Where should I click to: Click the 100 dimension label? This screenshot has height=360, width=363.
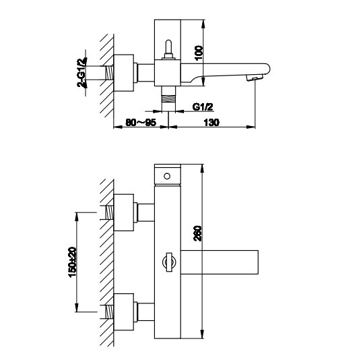tap(199, 53)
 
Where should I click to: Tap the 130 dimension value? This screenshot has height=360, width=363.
tap(211, 123)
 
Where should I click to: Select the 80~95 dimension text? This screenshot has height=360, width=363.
tap(141, 123)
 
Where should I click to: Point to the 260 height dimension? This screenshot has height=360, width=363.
tap(198, 233)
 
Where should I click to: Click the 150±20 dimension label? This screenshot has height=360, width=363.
tap(72, 262)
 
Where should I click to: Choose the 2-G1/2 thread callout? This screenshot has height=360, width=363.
tap(82, 72)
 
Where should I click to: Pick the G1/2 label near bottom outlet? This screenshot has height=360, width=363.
tap(203, 107)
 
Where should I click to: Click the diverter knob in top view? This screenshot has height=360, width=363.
tap(168, 50)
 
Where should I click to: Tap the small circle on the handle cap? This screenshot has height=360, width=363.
tap(167, 176)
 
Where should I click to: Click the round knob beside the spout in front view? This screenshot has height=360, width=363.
tap(169, 262)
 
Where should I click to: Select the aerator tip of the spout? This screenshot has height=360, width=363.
tap(255, 78)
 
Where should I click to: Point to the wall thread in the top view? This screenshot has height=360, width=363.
tap(109, 73)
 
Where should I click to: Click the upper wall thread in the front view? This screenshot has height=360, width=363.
tap(109, 212)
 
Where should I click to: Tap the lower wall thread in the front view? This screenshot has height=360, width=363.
tap(109, 311)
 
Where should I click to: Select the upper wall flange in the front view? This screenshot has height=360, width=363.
tap(124, 212)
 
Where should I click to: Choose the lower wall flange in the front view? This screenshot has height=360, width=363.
tap(124, 311)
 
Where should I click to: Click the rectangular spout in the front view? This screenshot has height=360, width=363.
tap(220, 262)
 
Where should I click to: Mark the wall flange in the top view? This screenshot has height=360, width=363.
tap(124, 73)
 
